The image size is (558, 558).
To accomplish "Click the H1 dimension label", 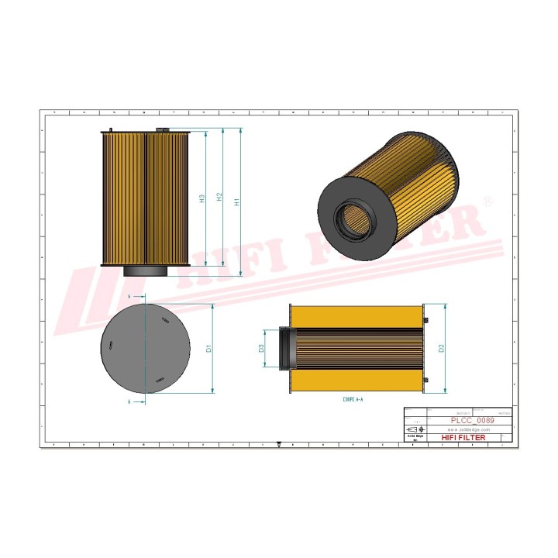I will [238, 200].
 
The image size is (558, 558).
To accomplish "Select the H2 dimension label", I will [220, 198].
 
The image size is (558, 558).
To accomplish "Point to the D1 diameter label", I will [208, 349].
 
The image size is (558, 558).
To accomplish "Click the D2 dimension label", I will [441, 349].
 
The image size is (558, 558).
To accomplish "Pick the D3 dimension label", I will [262, 347].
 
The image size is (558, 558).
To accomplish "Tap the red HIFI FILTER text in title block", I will [463, 438].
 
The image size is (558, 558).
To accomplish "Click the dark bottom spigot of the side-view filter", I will [145, 271].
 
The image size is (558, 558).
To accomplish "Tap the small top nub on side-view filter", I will [111, 130].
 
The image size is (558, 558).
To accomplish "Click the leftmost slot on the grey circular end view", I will [112, 346].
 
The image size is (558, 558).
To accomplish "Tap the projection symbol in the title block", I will [412, 429].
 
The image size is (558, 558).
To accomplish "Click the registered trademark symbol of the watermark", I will [487, 201].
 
